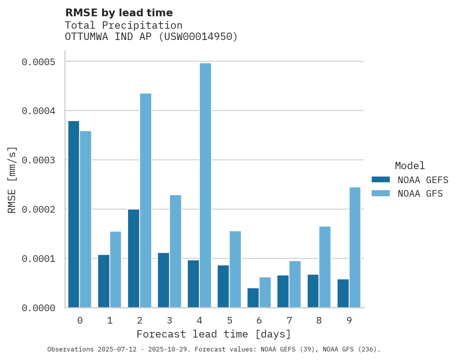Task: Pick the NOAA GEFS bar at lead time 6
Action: point(253,298)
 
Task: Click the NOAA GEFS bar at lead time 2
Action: point(133,258)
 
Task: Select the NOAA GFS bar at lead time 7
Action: point(295,284)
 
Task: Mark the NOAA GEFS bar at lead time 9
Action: point(343,293)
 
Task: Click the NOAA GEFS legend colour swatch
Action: point(381,180)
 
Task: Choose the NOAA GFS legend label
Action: point(420,194)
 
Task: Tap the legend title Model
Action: point(410,166)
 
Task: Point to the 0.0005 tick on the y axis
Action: point(44,62)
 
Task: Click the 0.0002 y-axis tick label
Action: point(44,209)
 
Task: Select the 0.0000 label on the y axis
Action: point(44,308)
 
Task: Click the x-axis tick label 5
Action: point(229,320)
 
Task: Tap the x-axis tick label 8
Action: point(319,320)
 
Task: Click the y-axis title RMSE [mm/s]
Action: point(12,180)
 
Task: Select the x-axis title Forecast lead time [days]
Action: point(214,334)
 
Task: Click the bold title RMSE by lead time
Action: point(119,13)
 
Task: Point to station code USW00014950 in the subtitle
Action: point(198,37)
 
